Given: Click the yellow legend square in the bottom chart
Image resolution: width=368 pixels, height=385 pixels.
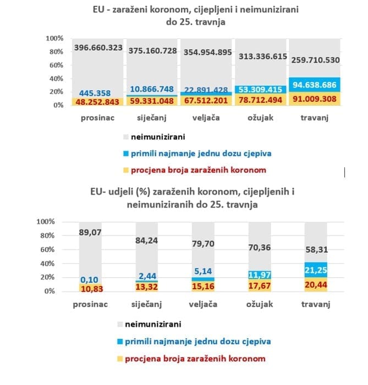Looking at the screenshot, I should pyautogui.click(x=122, y=359).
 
